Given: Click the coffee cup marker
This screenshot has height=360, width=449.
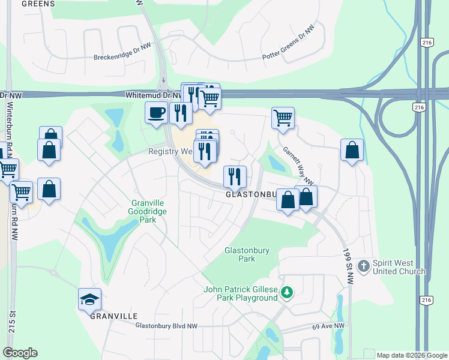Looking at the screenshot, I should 157,112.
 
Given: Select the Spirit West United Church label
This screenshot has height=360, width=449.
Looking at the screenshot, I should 398,268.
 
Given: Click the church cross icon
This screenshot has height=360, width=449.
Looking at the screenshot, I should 363,265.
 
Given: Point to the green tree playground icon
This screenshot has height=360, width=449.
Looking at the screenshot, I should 288,292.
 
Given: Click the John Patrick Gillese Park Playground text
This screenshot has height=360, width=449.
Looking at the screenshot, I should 241,293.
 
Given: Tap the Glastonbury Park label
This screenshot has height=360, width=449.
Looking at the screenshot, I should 240,254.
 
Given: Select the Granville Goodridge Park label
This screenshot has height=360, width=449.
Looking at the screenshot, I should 147,211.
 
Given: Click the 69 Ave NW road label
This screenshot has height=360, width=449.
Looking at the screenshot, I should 328,326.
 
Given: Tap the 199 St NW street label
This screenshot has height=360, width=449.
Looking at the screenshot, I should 348,267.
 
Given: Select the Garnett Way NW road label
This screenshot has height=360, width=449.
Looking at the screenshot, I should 298,166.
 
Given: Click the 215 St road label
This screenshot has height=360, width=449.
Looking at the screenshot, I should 11,325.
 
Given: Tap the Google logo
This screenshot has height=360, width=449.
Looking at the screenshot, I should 20,352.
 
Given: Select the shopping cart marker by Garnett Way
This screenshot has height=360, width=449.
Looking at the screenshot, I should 282,118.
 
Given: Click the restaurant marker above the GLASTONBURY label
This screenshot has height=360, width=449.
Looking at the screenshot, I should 235,176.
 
